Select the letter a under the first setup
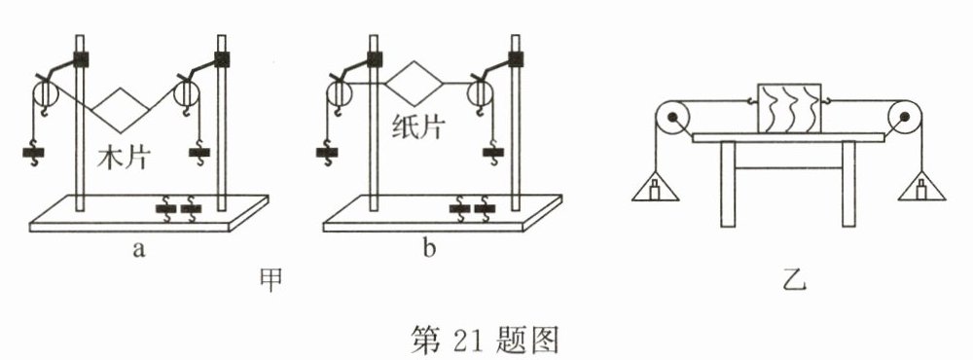point(138,249)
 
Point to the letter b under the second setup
point(428,249)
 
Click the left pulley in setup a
point(44,95)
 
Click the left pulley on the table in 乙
point(671,120)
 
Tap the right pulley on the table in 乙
point(904,120)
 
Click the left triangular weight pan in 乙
point(652,185)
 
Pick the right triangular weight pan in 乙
point(921,185)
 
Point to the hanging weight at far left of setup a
point(35,153)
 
